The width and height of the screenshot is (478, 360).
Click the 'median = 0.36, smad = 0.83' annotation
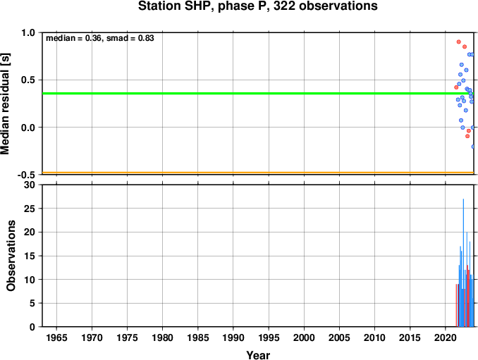[100, 38]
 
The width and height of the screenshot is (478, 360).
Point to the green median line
[258, 93]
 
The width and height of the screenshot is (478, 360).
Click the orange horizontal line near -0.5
[258, 173]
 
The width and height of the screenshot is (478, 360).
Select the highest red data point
[458, 42]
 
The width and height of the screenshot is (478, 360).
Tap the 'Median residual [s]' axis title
[5, 104]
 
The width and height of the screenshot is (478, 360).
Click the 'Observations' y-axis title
[11, 256]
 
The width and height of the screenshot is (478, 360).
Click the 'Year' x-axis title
[258, 355]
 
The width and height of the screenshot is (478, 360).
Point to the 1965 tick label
[56, 337]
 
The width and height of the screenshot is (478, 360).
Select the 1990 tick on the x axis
[233, 337]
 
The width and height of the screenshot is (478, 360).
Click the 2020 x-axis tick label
[445, 337]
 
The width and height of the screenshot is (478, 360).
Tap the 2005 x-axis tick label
[339, 337]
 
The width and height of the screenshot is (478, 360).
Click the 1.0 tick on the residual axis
[28, 32]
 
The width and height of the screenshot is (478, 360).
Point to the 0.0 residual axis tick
[28, 128]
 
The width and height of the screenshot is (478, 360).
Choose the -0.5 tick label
[27, 175]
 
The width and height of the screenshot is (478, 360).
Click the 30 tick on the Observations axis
[30, 185]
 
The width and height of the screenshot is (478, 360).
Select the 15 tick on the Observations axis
[30, 256]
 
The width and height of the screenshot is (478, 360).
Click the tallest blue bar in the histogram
[463, 263]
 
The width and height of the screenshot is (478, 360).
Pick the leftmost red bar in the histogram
[456, 305]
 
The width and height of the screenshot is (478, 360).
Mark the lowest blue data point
[473, 147]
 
